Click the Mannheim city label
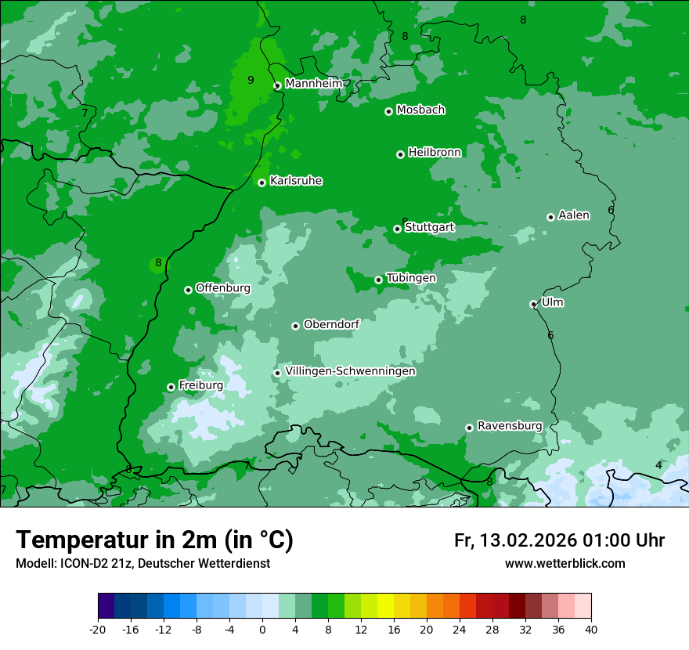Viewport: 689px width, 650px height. [x=313, y=84]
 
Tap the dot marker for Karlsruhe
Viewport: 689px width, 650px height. [x=262, y=182]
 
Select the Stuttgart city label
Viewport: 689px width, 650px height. [x=429, y=227]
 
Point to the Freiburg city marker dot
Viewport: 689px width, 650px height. [x=171, y=387]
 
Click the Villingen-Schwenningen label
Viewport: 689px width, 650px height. [x=350, y=371]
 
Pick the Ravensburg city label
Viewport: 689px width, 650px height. [x=509, y=426]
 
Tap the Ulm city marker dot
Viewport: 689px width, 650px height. [x=533, y=304]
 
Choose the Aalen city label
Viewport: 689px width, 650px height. [x=573, y=215]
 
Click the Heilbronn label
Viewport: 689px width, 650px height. [x=435, y=153]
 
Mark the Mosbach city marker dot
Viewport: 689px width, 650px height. [x=388, y=111]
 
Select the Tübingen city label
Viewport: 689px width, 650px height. [x=410, y=278]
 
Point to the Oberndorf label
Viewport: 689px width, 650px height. [x=331, y=324]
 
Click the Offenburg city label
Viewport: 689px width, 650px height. [x=222, y=288]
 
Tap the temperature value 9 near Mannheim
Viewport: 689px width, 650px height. [x=251, y=80]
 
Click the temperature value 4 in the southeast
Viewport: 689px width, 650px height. [x=658, y=465]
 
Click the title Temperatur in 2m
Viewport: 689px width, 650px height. [x=154, y=540]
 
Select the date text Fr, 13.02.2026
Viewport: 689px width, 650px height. [x=514, y=540]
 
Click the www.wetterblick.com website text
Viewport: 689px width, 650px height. [x=565, y=563]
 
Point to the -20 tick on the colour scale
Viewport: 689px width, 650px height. [x=98, y=630]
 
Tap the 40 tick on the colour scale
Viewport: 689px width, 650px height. [x=590, y=630]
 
